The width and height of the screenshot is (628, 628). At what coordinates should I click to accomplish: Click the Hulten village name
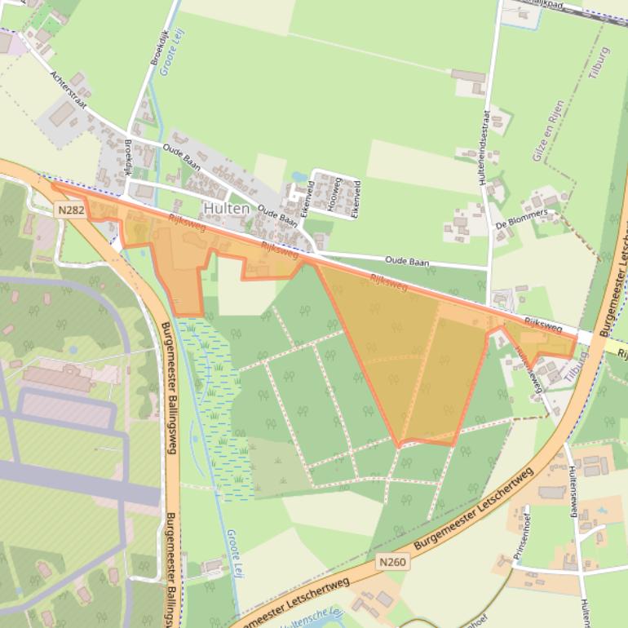(x=227, y=209)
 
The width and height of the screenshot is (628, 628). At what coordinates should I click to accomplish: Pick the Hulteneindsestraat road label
(x=485, y=146)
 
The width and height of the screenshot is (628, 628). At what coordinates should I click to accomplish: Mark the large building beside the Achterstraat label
(x=61, y=113)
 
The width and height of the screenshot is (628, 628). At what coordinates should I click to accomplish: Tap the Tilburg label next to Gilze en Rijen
(x=599, y=62)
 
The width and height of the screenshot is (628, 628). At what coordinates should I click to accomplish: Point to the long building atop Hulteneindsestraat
(x=468, y=77)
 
